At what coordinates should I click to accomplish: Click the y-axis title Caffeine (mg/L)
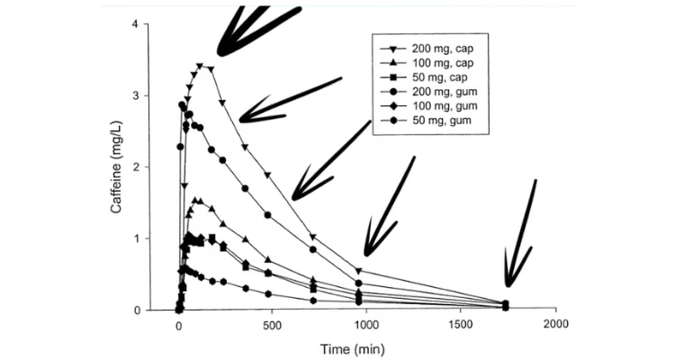point(116,167)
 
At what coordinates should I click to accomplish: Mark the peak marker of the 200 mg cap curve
point(200,66)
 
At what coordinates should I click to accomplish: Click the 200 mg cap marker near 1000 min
point(359,271)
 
